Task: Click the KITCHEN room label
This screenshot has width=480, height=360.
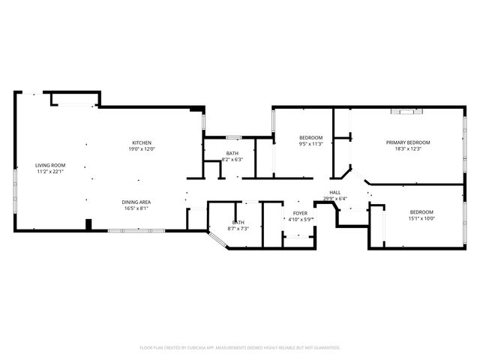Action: [142, 143]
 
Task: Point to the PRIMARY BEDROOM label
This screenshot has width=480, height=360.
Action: [408, 142]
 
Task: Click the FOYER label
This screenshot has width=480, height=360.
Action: [299, 213]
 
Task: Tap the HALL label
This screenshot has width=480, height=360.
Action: [335, 193]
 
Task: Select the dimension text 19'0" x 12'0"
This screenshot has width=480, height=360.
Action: [142, 149]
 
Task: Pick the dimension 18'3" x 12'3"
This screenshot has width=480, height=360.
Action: [408, 148]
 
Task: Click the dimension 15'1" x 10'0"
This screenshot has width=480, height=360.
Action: [421, 218]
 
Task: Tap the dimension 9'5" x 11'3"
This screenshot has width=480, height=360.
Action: [310, 143]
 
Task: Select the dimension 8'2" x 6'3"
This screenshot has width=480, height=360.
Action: [232, 160]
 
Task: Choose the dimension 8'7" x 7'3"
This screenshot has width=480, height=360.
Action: [238, 228]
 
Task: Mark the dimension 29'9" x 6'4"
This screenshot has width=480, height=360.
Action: [335, 199]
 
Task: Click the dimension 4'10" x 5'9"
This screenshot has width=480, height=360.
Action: [300, 219]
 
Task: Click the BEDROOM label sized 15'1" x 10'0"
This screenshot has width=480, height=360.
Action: [421, 212]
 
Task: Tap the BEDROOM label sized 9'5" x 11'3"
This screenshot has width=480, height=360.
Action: [310, 137]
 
